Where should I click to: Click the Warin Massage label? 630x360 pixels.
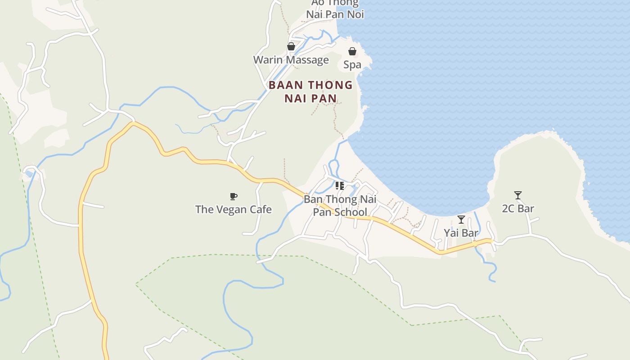click(291, 60)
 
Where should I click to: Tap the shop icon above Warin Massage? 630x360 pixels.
click(291, 46)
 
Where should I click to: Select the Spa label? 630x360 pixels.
click(352, 65)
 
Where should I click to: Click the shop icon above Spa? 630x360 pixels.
click(352, 52)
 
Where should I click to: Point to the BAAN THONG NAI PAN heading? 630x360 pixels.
click(310, 91)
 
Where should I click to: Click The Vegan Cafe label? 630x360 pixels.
click(233, 209)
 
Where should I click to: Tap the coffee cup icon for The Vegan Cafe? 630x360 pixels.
click(233, 196)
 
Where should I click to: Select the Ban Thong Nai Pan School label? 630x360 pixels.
click(340, 206)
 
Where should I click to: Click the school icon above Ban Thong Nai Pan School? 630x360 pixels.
click(340, 185)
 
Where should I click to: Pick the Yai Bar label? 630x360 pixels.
click(461, 233)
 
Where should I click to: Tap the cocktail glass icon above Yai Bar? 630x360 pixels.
click(461, 220)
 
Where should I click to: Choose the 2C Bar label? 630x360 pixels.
click(518, 209)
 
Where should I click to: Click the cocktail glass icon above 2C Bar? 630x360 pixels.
click(518, 195)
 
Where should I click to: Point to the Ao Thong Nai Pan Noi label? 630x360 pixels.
click(335, 9)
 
